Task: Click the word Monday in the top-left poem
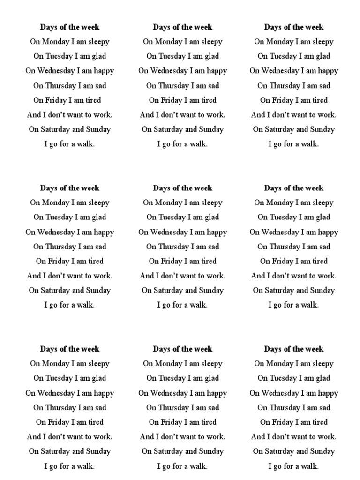pos(55,42)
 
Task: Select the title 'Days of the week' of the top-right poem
pos(294,27)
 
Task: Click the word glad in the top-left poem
pos(98,56)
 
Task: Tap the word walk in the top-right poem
pos(310,144)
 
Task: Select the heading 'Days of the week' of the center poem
pos(182,188)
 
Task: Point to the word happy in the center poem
pos(214,232)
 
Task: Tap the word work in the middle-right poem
pos(327,276)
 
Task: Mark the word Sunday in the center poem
pos(211,290)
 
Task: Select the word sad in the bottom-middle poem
pos(211,407)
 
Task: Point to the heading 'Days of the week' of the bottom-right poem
pos(294,349)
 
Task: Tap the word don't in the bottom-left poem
pos(59,436)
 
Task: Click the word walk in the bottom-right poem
pos(310,466)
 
